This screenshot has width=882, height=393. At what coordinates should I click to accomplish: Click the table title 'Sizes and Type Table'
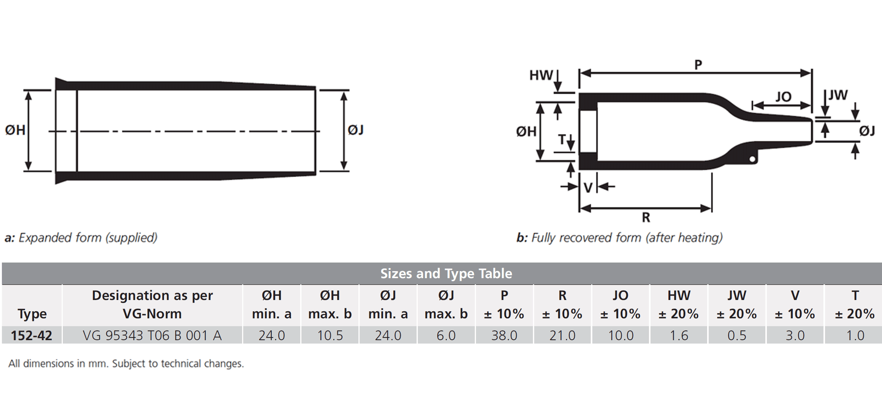click(446, 273)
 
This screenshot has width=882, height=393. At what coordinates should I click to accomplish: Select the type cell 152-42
click(31, 335)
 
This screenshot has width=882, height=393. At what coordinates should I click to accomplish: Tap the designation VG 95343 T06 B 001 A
click(152, 335)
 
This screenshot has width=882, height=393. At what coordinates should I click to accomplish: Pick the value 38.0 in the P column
click(504, 335)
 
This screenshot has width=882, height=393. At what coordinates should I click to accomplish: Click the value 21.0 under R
click(563, 335)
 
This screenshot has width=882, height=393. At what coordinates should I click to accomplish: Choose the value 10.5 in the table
click(330, 335)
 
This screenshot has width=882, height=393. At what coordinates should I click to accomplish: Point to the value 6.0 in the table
click(446, 335)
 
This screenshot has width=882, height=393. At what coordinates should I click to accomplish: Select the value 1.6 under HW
click(679, 335)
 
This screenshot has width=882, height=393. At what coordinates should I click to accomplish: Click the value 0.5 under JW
click(737, 335)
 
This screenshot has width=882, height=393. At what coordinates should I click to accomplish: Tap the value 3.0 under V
click(795, 335)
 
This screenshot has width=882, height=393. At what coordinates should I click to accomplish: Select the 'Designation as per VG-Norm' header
click(152, 305)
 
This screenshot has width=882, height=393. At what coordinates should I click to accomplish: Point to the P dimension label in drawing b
click(698, 65)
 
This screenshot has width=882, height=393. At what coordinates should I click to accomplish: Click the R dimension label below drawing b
click(646, 217)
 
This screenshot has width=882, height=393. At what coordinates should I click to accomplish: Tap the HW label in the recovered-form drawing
click(541, 75)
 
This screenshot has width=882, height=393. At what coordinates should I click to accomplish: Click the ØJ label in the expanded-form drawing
click(355, 130)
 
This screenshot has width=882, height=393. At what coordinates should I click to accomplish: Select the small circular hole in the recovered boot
click(753, 159)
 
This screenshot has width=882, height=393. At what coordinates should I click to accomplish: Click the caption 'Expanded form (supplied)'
click(88, 238)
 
